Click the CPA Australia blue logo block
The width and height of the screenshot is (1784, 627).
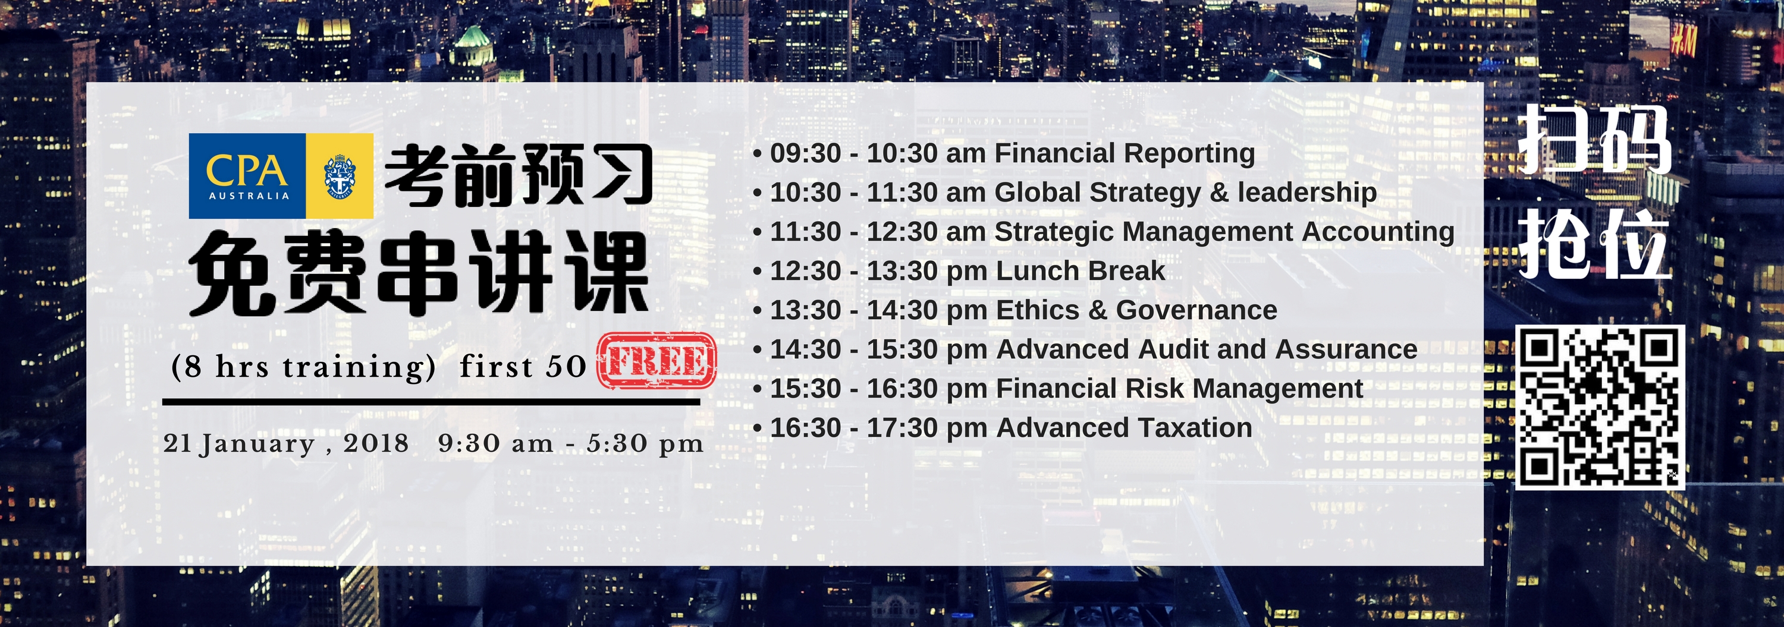247,176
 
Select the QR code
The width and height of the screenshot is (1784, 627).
1600,408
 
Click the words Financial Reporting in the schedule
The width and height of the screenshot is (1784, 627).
1124,153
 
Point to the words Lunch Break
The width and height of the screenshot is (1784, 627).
1081,270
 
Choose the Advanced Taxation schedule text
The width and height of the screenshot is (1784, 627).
1124,428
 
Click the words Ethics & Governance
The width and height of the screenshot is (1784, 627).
1136,310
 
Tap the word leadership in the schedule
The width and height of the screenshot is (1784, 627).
1307,193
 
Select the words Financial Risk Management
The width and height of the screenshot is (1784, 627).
1179,388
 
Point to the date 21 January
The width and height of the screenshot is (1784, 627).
239,443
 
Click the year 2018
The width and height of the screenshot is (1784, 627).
376,443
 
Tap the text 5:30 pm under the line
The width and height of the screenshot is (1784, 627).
645,443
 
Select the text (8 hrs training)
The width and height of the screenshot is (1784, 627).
303,367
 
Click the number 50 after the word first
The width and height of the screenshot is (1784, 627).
566,367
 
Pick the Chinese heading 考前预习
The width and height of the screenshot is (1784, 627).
519,176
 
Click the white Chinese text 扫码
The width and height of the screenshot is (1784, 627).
1594,140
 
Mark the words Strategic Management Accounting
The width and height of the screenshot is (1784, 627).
1224,232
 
